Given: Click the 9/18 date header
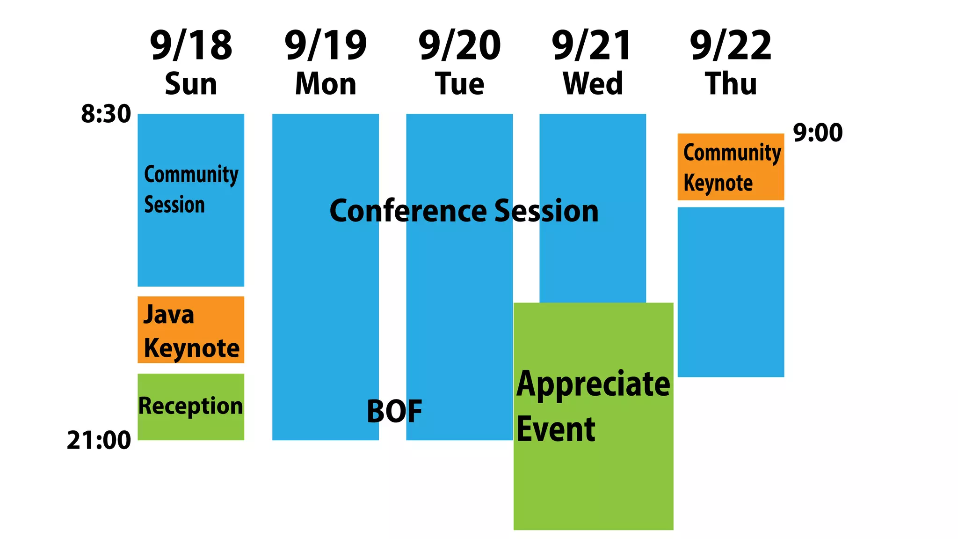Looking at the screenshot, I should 191,45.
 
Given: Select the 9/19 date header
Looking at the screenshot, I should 326,45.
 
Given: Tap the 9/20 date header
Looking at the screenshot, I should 459,45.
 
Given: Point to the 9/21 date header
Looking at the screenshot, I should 592,45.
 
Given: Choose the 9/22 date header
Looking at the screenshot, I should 731,45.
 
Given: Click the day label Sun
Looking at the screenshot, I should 191,84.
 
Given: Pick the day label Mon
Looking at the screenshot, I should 326,84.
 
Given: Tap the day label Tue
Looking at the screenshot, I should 459,84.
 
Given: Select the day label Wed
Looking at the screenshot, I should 593,84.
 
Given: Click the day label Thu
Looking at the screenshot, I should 731,84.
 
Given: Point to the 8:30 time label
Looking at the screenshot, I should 106,114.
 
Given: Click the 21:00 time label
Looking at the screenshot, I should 99,440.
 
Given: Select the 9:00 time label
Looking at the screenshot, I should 818,133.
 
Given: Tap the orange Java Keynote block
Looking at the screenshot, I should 191,330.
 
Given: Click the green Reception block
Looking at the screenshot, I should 191,406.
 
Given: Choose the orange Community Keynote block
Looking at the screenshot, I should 731,167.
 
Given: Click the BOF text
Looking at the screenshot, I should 394,411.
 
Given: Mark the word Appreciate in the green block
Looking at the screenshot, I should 593,384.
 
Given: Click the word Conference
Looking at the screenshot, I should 409,211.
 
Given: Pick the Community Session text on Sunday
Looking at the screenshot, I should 191,189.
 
